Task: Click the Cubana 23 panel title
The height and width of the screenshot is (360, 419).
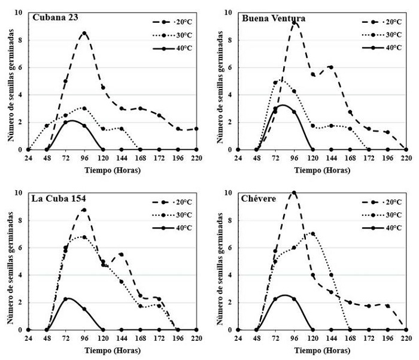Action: tap(54, 18)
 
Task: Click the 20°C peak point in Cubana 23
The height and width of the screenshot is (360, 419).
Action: tap(84, 33)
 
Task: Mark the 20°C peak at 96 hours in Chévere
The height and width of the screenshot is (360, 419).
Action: tap(294, 193)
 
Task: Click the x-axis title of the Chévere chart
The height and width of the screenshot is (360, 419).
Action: tap(322, 349)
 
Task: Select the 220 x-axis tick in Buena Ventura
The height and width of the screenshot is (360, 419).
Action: tap(406, 158)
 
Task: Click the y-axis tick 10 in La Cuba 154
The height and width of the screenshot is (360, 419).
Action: tap(20, 193)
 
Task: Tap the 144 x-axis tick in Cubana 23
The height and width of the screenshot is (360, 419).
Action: tap(122, 158)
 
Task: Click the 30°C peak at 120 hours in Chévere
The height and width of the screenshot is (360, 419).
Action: tap(312, 234)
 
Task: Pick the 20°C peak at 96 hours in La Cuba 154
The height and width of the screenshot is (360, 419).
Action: tap(84, 210)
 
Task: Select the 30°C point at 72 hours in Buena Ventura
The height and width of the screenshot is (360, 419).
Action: tap(275, 83)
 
